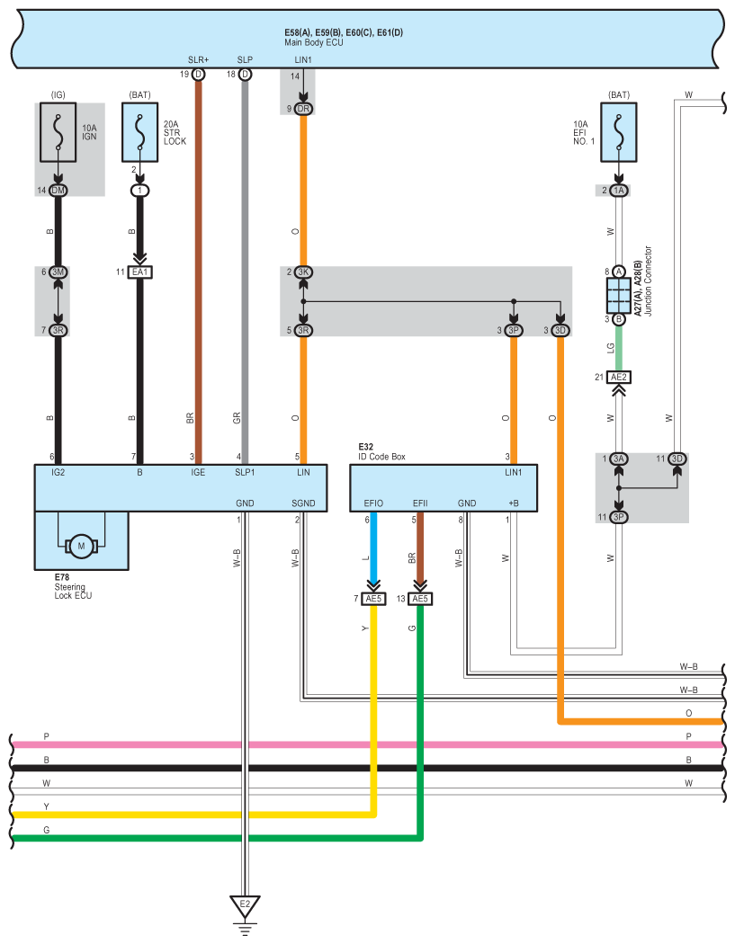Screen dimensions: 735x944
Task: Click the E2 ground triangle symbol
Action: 245,906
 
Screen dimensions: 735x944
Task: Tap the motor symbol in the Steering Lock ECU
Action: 81,546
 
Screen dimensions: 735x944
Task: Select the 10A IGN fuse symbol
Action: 58,132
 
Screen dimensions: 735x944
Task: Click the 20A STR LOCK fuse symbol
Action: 139,132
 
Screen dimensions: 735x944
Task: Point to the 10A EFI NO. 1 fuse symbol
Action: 619,132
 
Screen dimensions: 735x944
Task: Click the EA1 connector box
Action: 139,272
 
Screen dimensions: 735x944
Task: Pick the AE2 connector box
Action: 619,378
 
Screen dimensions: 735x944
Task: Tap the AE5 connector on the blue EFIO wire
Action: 373,599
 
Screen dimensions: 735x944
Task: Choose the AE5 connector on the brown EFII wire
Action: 420,599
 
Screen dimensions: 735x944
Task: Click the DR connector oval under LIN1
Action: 303,109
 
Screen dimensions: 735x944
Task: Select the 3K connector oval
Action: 303,272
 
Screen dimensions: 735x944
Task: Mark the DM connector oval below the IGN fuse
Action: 58,191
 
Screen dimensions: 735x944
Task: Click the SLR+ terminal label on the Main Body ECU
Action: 198,59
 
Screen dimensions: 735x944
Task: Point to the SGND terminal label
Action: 303,503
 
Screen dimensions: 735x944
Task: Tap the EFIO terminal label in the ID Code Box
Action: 373,503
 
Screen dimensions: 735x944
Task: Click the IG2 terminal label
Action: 58,473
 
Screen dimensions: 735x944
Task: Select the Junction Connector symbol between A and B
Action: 619,296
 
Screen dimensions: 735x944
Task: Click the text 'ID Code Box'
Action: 382,457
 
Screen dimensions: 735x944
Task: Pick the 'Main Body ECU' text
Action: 314,43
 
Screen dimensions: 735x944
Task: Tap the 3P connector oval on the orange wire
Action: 514,331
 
